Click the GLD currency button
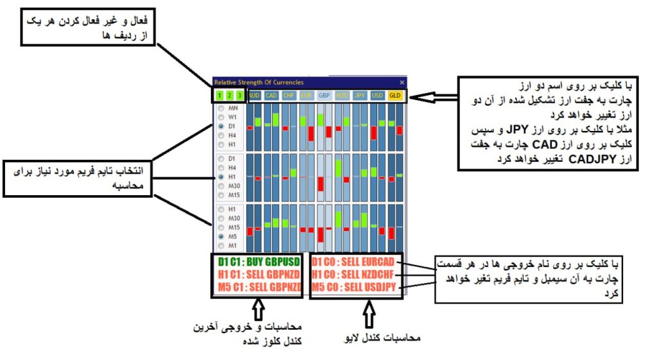click(x=395, y=96)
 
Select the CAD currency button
click(x=271, y=96)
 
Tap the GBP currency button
click(x=324, y=96)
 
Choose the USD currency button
click(x=377, y=96)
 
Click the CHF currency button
click(x=289, y=96)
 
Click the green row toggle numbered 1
click(x=219, y=96)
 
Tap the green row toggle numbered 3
click(x=239, y=96)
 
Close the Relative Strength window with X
click(x=402, y=82)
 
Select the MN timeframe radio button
click(x=221, y=109)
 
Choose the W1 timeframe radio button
click(x=221, y=118)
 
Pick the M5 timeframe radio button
click(x=221, y=236)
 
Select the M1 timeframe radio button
click(x=221, y=245)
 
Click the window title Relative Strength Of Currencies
click(x=259, y=82)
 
